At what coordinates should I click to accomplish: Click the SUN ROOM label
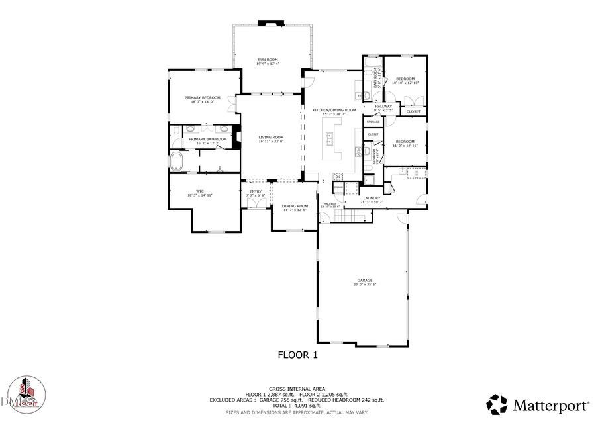click(268, 60)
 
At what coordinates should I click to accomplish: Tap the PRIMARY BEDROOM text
click(202, 97)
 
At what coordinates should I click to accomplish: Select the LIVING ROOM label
click(271, 137)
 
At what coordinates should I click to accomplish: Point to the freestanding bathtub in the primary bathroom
click(178, 161)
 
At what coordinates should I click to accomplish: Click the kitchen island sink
click(329, 139)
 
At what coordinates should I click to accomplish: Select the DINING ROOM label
click(295, 206)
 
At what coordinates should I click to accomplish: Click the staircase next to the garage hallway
click(338, 218)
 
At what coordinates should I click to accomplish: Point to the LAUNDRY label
click(371, 197)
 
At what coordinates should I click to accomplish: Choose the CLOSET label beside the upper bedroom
click(413, 111)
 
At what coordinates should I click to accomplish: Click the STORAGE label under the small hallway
click(373, 122)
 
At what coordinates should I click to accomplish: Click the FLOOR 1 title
click(297, 355)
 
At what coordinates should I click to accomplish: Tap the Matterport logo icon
click(497, 404)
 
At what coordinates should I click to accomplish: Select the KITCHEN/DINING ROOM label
click(334, 109)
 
